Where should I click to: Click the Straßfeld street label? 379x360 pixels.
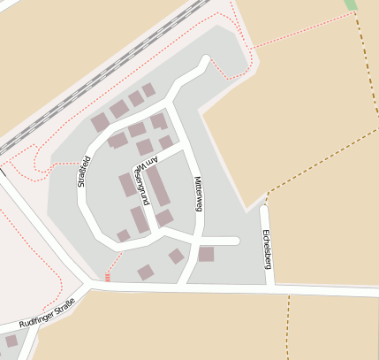pyautogui.click(x=85, y=173)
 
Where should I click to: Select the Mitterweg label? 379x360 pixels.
pyautogui.click(x=198, y=194)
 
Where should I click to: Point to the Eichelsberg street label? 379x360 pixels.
pyautogui.click(x=266, y=249)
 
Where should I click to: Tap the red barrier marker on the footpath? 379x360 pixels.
pyautogui.click(x=108, y=277)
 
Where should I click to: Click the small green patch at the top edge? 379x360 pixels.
pyautogui.click(x=351, y=4)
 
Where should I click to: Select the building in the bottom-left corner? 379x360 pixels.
pyautogui.click(x=11, y=341)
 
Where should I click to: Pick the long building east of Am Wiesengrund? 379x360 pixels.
pyautogui.click(x=158, y=186)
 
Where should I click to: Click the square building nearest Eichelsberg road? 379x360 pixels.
pyautogui.click(x=206, y=254)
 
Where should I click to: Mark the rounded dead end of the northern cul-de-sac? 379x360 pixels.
pyautogui.click(x=208, y=62)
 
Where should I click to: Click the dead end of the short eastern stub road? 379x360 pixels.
pyautogui.click(x=236, y=241)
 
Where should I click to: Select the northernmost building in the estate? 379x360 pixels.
pyautogui.click(x=148, y=89)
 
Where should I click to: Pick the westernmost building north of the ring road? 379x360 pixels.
pyautogui.click(x=100, y=123)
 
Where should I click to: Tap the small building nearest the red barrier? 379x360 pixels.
pyautogui.click(x=145, y=272)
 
